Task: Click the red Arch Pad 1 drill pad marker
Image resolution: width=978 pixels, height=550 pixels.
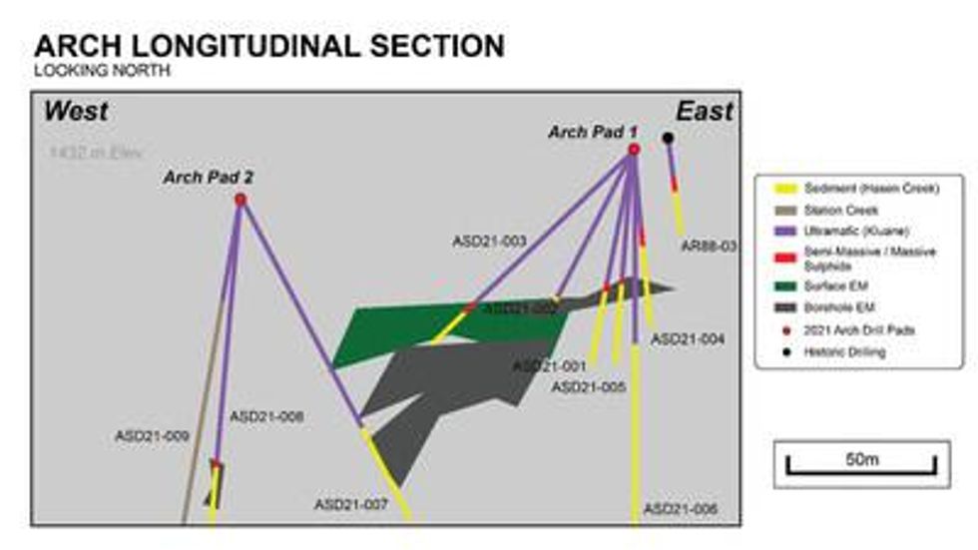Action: (634, 150)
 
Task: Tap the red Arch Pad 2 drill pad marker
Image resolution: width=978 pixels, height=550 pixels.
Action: (240, 200)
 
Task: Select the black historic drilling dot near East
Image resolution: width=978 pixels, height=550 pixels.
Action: (668, 138)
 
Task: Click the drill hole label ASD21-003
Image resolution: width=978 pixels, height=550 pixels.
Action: (489, 241)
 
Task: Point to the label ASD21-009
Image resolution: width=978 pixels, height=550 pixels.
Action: (152, 436)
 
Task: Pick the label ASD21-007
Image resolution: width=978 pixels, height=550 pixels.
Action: (350, 504)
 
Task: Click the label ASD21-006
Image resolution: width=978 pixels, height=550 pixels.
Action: (681, 509)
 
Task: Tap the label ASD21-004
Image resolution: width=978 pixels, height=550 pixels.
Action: (688, 339)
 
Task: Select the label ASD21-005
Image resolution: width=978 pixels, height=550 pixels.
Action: (588, 386)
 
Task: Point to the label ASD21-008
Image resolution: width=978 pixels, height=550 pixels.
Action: (265, 416)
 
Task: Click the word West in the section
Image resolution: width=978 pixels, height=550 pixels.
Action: (75, 111)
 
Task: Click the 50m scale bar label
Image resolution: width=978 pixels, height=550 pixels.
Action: (861, 459)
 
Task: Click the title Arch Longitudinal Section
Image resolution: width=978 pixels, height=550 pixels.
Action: (268, 46)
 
